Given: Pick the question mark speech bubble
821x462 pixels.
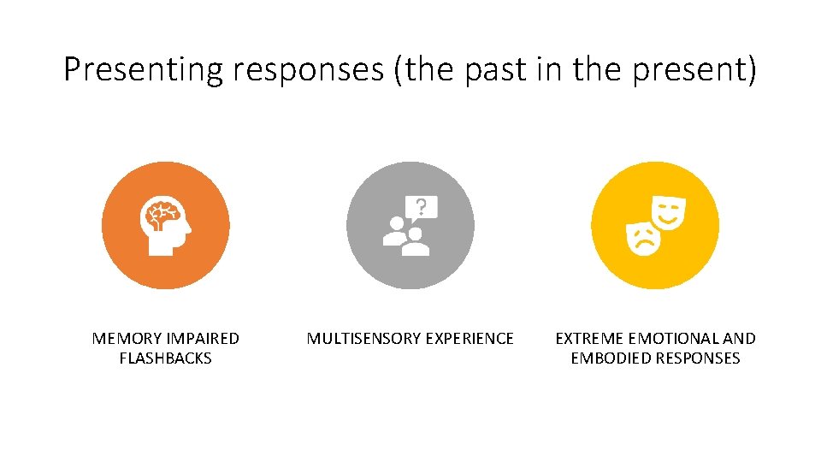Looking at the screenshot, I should pyautogui.click(x=422, y=207).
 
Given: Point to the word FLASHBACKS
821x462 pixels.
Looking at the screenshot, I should pyautogui.click(x=166, y=358).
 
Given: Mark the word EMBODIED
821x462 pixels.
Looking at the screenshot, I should pyautogui.click(x=610, y=358).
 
